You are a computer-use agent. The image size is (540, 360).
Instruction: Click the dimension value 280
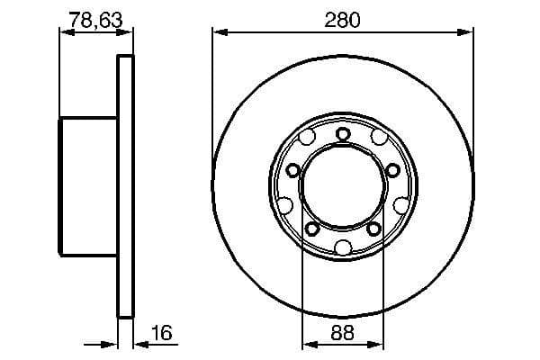pos(343,19)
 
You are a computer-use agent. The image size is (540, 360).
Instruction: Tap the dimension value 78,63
pos(96,19)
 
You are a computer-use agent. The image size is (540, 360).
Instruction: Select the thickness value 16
pos(162,333)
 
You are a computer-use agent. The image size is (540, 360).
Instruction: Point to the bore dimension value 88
pos(343,333)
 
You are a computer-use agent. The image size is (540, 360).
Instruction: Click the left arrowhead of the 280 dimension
pos(219,33)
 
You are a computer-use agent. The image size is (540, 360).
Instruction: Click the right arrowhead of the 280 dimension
pos(467,33)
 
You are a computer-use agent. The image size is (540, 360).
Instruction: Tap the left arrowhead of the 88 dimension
pos(307,345)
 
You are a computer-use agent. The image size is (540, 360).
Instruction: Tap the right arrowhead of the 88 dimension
pos(379,345)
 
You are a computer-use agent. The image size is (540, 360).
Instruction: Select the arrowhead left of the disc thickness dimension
pos(112,345)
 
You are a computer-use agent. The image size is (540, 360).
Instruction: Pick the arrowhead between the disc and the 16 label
pos(139,345)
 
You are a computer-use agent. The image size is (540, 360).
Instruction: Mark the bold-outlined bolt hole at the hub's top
pos(343,135)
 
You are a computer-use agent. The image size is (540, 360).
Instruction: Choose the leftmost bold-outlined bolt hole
pos(293,171)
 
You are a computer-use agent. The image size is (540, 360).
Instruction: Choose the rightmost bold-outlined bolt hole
pos(392,171)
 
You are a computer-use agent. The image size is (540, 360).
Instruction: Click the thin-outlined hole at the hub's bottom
pos(343,247)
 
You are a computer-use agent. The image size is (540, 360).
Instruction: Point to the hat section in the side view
pos(89,185)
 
